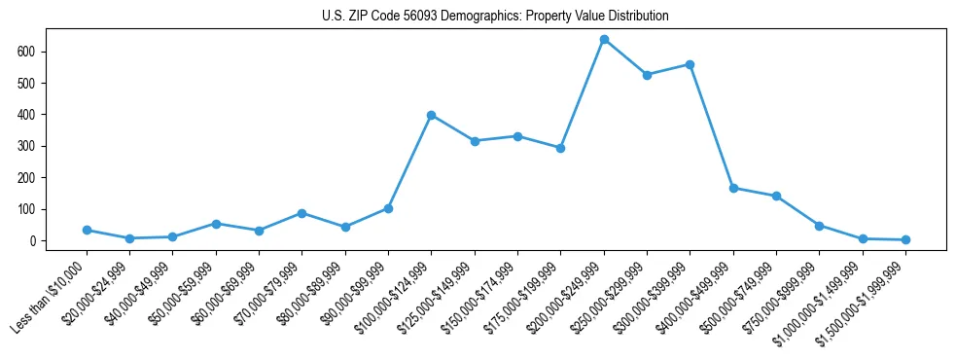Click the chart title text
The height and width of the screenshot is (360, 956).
(x=495, y=17)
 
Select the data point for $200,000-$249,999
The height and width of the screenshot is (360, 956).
(x=604, y=40)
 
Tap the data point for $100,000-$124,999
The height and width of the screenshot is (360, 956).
(x=431, y=115)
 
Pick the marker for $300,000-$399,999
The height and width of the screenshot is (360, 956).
(x=690, y=64)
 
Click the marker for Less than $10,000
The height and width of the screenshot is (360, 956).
(x=87, y=230)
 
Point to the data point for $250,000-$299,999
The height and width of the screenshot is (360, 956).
(x=647, y=75)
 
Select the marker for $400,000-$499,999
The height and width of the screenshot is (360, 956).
(x=733, y=188)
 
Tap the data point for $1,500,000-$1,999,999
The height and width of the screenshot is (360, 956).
(x=905, y=239)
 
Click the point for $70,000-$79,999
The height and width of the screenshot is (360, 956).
(x=301, y=213)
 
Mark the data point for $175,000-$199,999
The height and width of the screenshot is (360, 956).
(x=560, y=148)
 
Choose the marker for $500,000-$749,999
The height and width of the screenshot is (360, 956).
(x=776, y=196)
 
